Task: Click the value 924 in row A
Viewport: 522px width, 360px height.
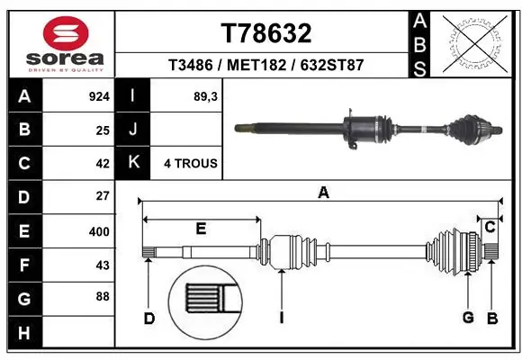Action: point(97,94)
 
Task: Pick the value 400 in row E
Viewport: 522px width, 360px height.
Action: point(97,231)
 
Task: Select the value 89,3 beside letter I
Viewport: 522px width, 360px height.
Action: point(206,94)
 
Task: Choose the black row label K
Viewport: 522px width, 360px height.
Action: point(133,163)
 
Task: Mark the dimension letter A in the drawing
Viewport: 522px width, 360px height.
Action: point(323,192)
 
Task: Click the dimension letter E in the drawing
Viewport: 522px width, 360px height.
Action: point(201,229)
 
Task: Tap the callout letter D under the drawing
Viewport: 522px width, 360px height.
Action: point(149,318)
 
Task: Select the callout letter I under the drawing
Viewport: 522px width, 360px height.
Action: point(282,318)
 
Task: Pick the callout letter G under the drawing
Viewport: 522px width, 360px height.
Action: point(468,318)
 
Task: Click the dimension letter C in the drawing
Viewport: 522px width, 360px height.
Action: point(490,227)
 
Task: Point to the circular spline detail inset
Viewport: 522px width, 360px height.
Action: point(205,297)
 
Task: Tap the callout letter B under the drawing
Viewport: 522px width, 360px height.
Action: point(492,318)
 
